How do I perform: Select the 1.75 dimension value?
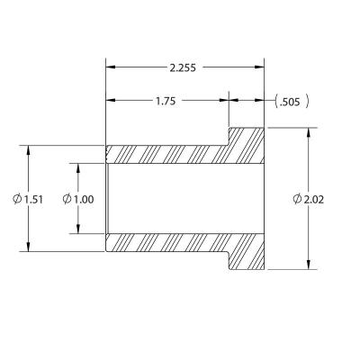(166, 101)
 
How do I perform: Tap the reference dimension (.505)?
(292, 101)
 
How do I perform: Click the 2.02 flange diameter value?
(314, 199)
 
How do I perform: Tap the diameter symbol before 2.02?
(297, 199)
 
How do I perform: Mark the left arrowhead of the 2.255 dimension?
(111, 67)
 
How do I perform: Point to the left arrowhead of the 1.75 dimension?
(111, 101)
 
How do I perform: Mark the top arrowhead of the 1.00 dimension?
(77, 167)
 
